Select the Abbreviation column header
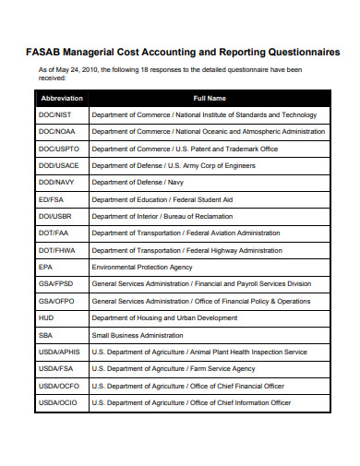coord(62,98)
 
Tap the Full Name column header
coord(210,98)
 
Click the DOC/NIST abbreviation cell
coord(55,114)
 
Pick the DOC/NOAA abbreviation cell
coord(57,132)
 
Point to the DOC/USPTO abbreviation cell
coord(59,149)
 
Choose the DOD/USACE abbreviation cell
coord(59,165)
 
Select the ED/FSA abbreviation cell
coord(52,199)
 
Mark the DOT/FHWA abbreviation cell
coord(57,250)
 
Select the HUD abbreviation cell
coord(45,317)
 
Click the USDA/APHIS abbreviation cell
coord(61,352)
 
